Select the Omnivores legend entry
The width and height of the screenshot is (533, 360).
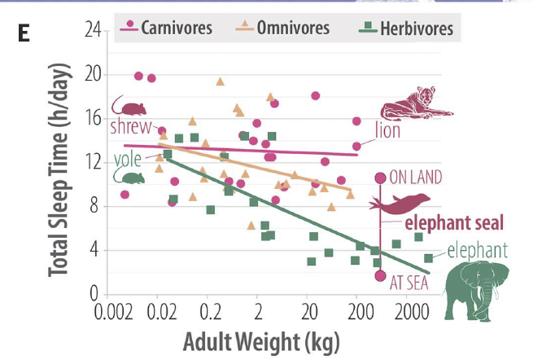click(x=282, y=29)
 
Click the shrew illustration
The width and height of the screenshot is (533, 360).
click(x=129, y=106)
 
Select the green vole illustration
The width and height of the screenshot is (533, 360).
click(x=130, y=175)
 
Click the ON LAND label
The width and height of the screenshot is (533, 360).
click(x=415, y=178)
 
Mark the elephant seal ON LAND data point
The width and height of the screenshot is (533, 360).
click(x=379, y=178)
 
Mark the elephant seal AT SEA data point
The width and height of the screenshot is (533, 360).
click(x=379, y=275)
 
